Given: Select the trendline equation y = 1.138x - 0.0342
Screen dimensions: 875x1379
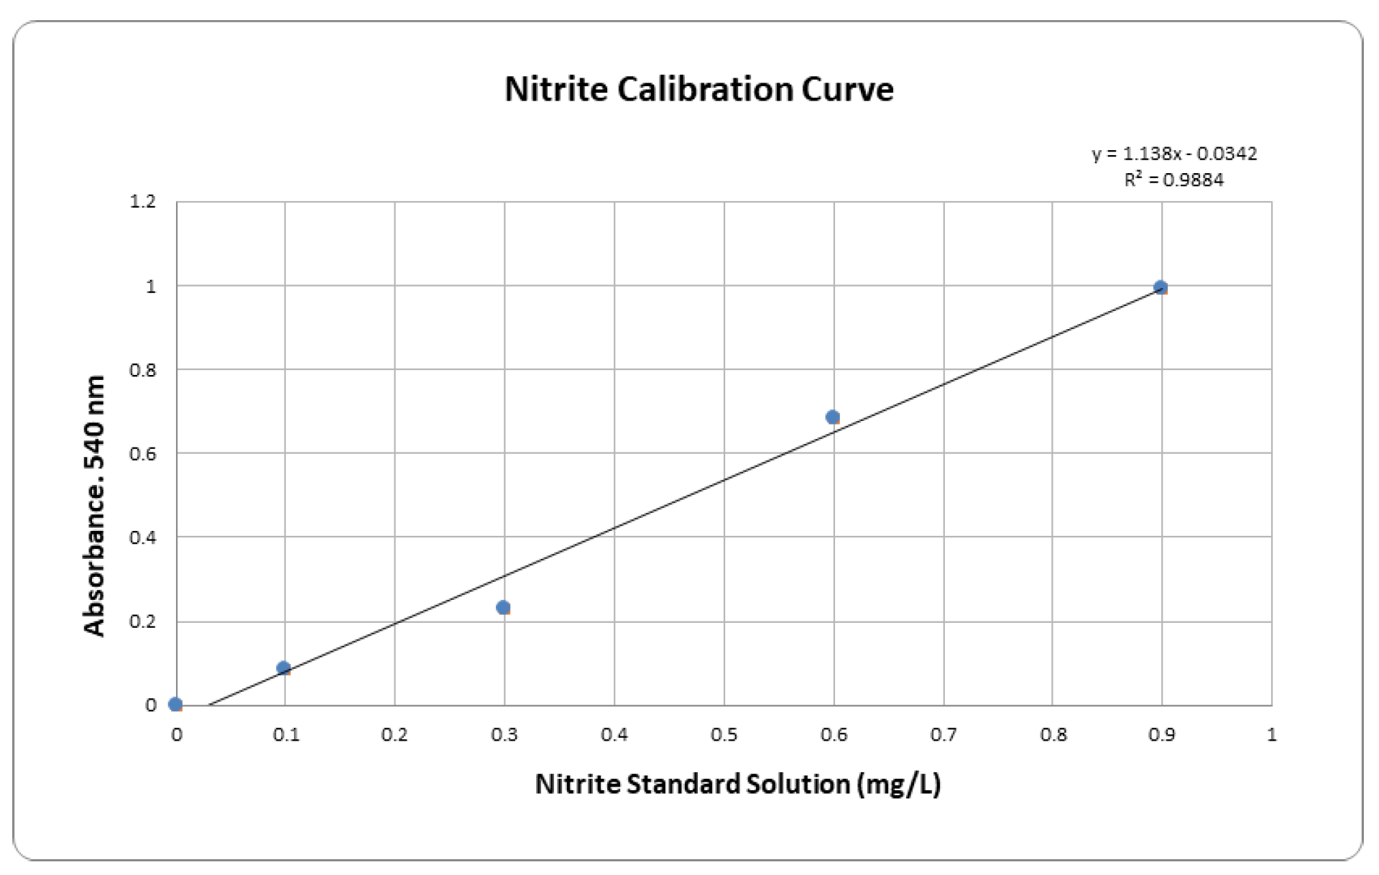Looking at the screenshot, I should tap(1174, 154).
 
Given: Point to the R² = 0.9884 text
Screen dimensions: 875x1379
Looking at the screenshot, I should tap(1174, 180).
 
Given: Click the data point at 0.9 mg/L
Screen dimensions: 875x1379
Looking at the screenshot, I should tap(1161, 287).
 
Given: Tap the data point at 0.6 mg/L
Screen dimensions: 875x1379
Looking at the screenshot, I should tap(832, 417).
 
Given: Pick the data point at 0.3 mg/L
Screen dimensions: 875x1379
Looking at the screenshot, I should tap(503, 608).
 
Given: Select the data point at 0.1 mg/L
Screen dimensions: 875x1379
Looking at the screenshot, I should tap(283, 668).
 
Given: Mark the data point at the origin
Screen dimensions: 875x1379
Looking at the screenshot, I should tap(175, 705).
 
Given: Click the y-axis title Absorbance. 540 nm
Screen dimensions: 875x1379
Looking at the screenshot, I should tap(95, 506).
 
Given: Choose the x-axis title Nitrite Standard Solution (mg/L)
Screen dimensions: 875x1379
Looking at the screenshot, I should tap(737, 784).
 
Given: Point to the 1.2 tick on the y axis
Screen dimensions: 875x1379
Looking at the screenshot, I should tap(142, 202).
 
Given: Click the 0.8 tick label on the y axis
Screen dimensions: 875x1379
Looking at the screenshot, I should tap(142, 370).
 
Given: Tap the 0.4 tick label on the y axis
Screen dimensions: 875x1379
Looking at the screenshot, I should tap(142, 537).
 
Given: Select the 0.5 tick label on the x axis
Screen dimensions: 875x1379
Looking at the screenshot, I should tap(724, 735).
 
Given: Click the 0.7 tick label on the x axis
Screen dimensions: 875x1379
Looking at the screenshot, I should tap(943, 735).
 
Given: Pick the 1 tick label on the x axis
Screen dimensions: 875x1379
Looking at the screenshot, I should tap(1271, 735).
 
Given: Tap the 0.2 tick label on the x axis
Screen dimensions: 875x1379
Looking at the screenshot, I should tap(395, 735).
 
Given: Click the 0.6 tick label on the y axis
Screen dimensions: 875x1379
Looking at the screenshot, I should tap(142, 453).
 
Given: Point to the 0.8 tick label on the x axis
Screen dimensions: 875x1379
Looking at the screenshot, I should tap(1053, 735).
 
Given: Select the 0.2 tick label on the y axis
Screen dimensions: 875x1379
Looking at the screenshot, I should tap(142, 621).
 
